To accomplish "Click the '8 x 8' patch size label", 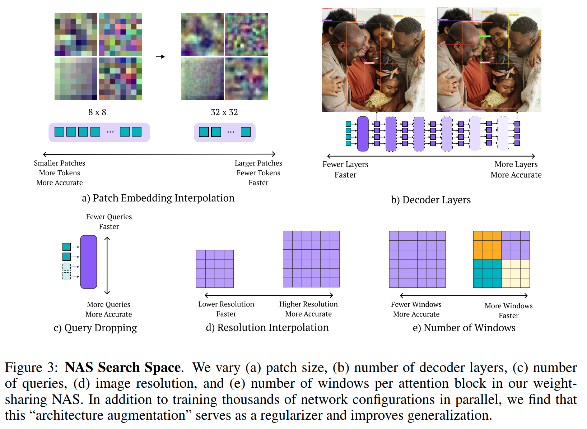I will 97,112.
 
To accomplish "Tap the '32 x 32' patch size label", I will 224,112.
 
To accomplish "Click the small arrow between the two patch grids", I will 160,57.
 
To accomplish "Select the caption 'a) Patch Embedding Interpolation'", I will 158,198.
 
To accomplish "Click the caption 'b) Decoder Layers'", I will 430,200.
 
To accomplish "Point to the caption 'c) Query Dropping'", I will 95,328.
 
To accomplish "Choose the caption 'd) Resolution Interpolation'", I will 267,328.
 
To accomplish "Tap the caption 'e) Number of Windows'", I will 464,328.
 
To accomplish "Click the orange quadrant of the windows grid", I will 487,245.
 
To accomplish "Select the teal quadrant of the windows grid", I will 487,273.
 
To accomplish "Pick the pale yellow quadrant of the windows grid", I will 516,273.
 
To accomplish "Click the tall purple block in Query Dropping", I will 89,262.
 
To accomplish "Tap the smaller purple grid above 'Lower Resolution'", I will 215,269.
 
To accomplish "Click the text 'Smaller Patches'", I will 60,163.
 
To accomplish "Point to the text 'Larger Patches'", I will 258,163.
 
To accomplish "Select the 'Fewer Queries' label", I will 109,217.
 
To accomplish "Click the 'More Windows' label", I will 508,306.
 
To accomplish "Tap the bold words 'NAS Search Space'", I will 123,368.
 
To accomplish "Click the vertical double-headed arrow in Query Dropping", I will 107,266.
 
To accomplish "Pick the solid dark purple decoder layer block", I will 363,134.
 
